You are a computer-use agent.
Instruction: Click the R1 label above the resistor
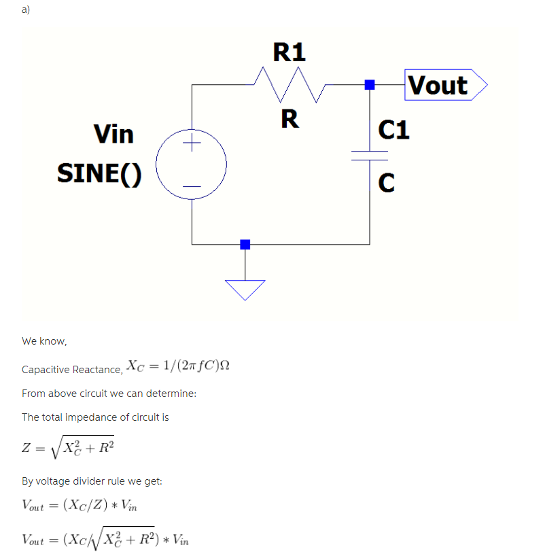pos(290,52)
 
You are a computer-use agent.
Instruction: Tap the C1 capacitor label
pos(393,128)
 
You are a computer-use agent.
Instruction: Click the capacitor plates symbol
pos(370,155)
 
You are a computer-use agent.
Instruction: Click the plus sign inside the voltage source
pos(192,143)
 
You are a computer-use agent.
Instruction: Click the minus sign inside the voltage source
pos(192,186)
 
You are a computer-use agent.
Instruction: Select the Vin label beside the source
pos(114,134)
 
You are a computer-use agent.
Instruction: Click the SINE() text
pos(100,173)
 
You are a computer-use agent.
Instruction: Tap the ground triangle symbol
pos(245,288)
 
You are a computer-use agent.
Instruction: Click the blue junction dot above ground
pos(245,244)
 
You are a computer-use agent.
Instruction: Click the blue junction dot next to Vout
pos(370,85)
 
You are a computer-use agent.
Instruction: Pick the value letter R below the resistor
pos(290,119)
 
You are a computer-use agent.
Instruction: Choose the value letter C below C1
pos(386,182)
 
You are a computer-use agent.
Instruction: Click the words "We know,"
pos(44,341)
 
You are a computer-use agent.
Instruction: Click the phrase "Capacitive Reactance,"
pos(72,370)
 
